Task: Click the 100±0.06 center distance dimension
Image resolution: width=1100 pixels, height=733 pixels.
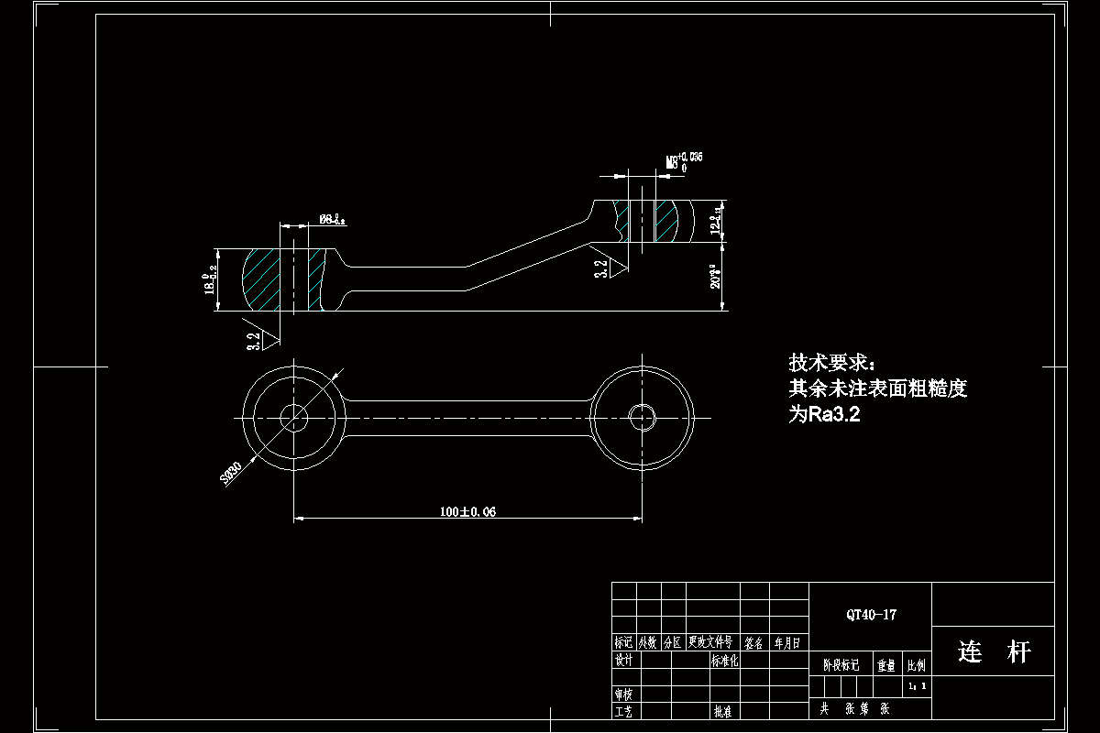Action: [x=467, y=511]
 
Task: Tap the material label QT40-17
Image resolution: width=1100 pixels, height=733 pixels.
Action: [x=871, y=615]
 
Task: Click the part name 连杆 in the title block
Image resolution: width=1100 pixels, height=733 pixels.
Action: [x=994, y=652]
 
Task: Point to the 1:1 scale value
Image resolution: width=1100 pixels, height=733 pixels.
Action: [x=917, y=685]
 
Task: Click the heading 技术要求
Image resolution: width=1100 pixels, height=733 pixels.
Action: [x=832, y=362]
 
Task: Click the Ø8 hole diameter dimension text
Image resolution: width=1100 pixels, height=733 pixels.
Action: [x=332, y=219]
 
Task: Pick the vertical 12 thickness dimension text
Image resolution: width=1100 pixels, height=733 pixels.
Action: [x=716, y=220]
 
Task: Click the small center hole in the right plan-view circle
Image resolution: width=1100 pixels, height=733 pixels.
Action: [x=642, y=417]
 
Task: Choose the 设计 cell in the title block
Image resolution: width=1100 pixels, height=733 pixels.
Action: [x=624, y=660]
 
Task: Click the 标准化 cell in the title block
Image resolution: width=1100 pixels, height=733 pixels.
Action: [x=724, y=660]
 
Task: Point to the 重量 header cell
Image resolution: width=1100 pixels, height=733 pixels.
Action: [x=886, y=666]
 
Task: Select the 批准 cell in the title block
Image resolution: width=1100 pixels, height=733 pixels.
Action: [x=722, y=710]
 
